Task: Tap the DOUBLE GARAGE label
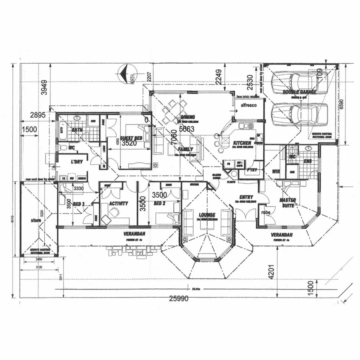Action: click(x=300, y=92)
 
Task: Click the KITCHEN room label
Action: click(x=242, y=143)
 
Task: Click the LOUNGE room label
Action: click(x=206, y=215)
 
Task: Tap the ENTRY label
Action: click(x=246, y=197)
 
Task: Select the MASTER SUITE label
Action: click(x=287, y=202)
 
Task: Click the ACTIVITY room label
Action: click(x=118, y=204)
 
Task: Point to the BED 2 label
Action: click(x=159, y=204)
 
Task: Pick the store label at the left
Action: click(x=36, y=220)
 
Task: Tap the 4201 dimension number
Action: click(x=272, y=272)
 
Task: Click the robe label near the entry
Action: click(x=266, y=212)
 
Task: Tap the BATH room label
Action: click(x=76, y=130)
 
